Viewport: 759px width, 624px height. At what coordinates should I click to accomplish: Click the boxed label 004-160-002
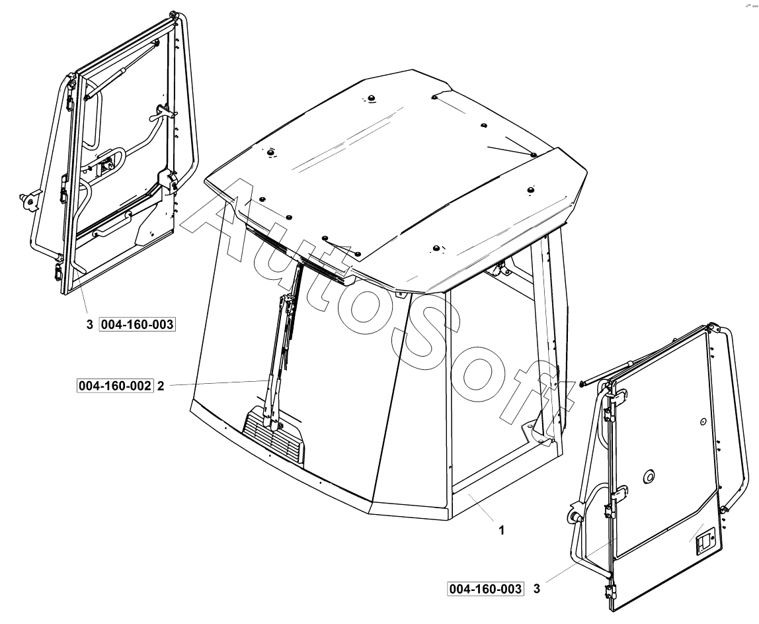(x=115, y=386)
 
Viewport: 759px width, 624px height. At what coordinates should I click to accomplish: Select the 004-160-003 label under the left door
(x=137, y=324)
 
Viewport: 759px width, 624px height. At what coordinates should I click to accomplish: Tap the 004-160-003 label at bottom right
(x=485, y=589)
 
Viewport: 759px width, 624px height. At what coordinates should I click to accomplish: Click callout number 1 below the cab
(x=501, y=531)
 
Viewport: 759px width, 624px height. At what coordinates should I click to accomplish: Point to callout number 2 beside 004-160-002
(x=161, y=386)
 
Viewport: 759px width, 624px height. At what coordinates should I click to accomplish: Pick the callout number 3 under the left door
(x=89, y=325)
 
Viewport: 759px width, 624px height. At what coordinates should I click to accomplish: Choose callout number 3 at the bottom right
(x=536, y=589)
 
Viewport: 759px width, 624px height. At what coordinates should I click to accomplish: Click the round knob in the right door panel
(x=648, y=477)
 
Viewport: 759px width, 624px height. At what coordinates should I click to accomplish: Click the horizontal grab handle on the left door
(x=112, y=224)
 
